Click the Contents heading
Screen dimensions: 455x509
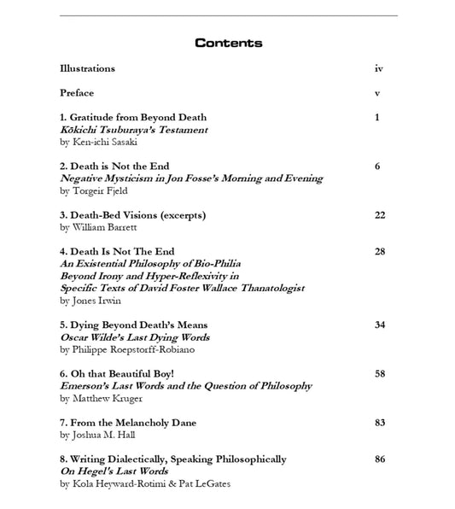pos(228,43)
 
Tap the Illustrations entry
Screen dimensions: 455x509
pos(87,68)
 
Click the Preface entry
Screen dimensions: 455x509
pos(77,92)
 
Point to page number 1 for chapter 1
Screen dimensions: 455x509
pos(377,117)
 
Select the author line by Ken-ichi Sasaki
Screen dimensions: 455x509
pos(99,142)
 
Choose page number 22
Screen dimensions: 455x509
pos(380,215)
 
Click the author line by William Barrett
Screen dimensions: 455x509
pos(98,227)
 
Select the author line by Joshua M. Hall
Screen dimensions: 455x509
pos(97,435)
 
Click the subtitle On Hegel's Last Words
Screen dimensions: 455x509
pos(114,471)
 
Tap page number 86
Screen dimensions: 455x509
pos(380,459)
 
